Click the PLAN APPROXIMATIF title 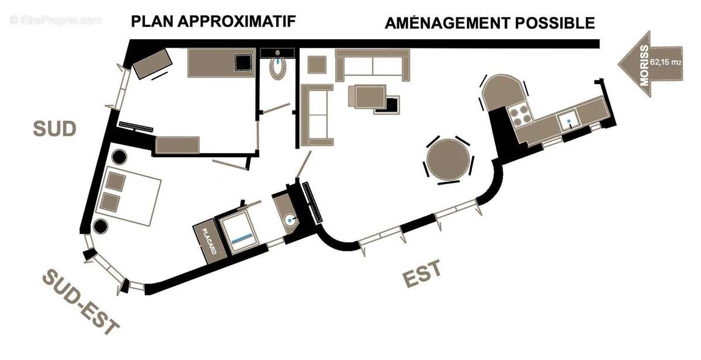coord(214,22)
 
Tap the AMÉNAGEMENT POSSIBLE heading coord(490,23)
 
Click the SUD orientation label coord(55,129)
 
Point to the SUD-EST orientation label coord(81,302)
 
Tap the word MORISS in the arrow coord(644,65)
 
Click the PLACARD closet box coord(208,241)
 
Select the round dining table coord(449,160)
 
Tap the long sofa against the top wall coord(373,64)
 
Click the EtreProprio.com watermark coord(56,20)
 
